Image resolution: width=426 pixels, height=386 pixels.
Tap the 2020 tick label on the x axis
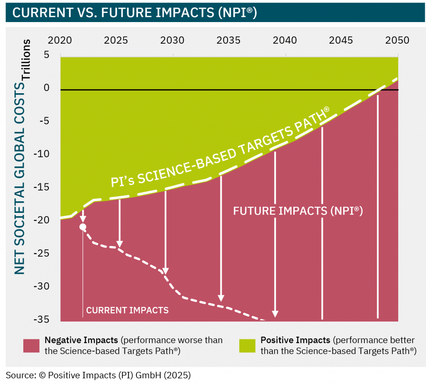pyautogui.click(x=60, y=40)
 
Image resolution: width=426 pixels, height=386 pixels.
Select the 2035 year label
pyautogui.click(x=228, y=40)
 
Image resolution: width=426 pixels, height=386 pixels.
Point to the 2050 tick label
pyautogui.click(x=397, y=40)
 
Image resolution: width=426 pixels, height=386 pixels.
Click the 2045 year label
pyautogui.click(x=341, y=40)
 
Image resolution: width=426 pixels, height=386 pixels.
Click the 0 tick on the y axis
pyautogui.click(x=46, y=88)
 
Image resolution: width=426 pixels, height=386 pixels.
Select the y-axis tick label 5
pyautogui.click(x=46, y=55)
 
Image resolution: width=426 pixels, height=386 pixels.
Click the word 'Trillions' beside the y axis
pyautogui.click(x=26, y=59)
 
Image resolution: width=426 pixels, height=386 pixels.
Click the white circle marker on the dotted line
pyautogui.click(x=83, y=227)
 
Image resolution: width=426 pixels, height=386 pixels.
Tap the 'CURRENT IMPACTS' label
pyautogui.click(x=127, y=310)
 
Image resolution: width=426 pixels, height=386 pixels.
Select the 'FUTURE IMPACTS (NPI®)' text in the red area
pyautogui.click(x=298, y=211)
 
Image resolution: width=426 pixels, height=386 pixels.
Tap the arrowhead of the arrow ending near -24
pyautogui.click(x=120, y=244)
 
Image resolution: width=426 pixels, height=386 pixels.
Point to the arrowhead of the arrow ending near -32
pyautogui.click(x=221, y=298)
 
